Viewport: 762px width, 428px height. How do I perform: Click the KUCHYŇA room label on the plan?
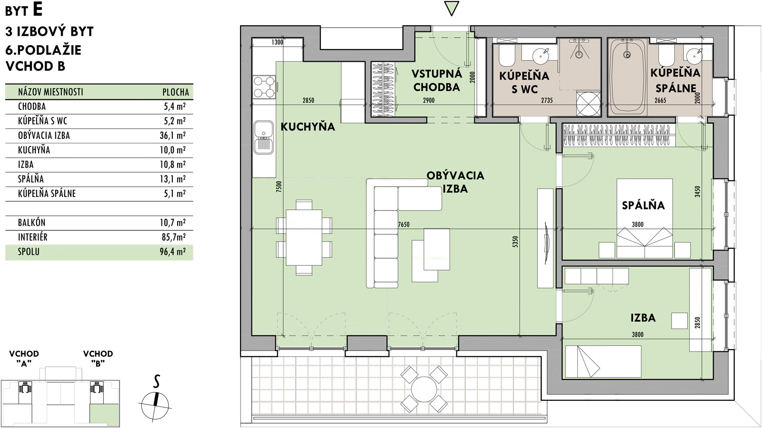pos(308,126)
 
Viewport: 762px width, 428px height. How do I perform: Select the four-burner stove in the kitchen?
pos(264,87)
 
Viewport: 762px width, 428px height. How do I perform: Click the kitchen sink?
pos(264,137)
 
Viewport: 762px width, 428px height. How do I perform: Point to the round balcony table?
pos(423,389)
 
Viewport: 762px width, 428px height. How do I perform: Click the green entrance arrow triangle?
pos(451,8)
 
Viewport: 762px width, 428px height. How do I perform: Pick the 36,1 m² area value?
pos(172,136)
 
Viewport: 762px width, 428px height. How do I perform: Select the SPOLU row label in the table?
pos(29,252)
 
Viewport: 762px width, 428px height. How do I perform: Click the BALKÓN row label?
pos(31,223)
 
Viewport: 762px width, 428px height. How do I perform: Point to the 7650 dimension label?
pos(404,224)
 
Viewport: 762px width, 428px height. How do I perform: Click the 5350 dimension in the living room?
pos(515,242)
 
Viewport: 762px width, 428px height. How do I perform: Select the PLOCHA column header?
pos(176,92)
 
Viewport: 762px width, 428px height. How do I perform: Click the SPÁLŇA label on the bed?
pos(643,205)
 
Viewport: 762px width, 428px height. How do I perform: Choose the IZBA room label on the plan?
pos(642,318)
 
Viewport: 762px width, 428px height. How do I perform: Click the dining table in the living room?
pos(304,237)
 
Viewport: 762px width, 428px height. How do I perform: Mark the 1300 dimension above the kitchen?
pos(277,42)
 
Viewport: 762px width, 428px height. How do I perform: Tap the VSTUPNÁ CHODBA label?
pos(437,80)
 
